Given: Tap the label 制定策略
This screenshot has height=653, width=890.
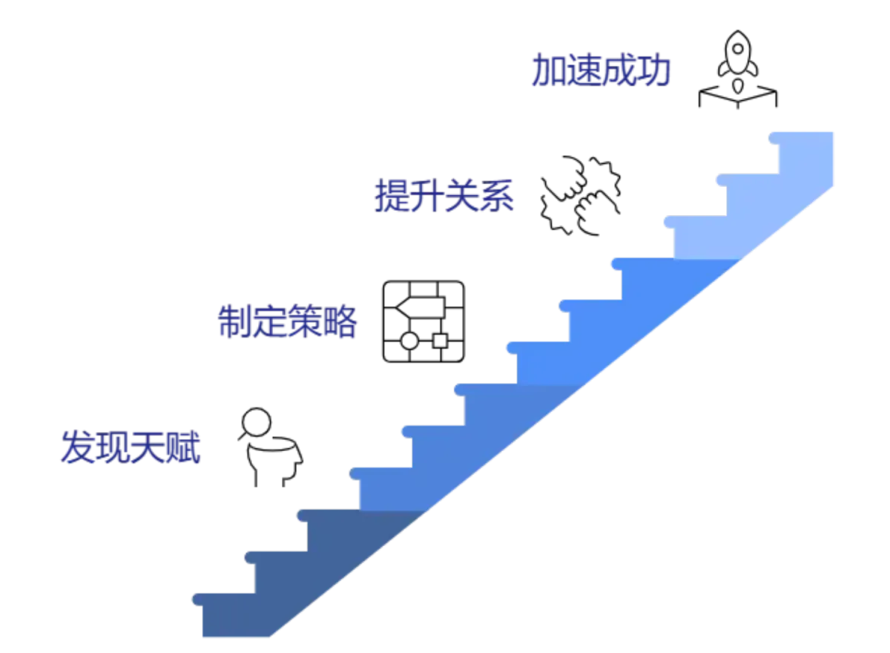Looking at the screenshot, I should (286, 322).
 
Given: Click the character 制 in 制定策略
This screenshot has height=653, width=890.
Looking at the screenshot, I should (232, 322).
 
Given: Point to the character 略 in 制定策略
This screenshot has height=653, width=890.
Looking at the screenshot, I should (338, 322).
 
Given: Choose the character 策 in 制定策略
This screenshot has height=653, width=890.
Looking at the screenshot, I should (303, 322).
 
